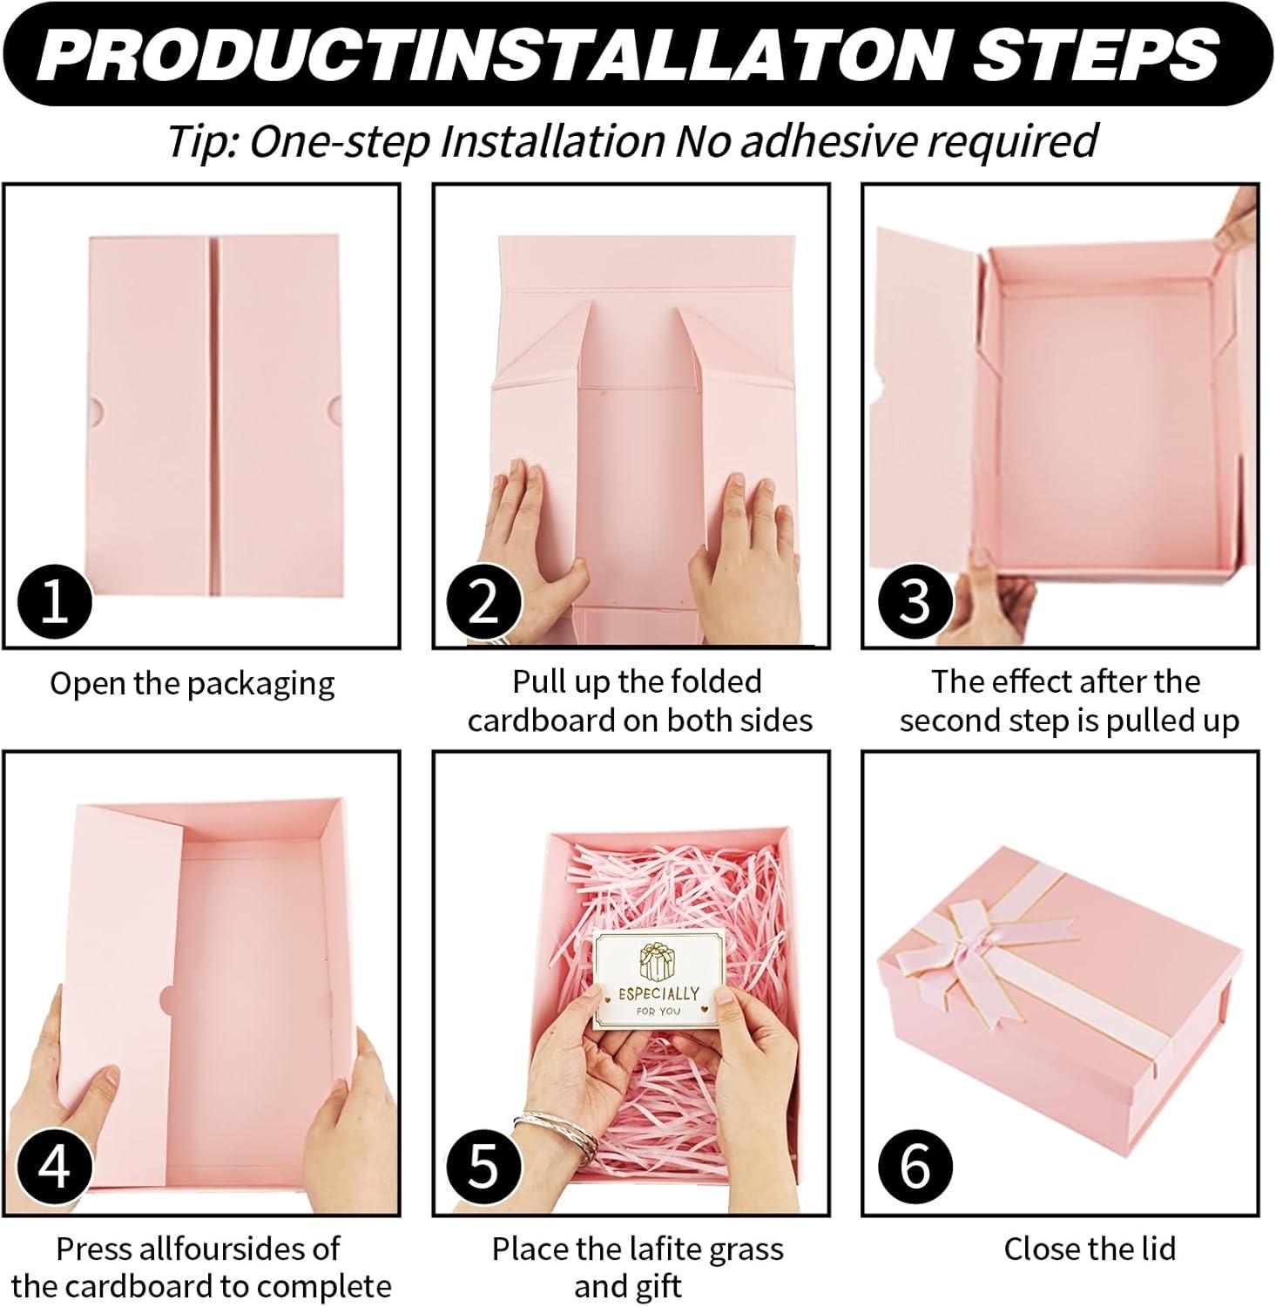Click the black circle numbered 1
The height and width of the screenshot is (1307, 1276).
[55, 600]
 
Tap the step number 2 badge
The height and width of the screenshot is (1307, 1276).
[483, 600]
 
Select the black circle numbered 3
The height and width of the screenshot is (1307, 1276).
[914, 600]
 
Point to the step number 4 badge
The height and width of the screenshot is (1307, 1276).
[55, 1166]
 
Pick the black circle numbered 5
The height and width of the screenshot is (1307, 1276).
[483, 1166]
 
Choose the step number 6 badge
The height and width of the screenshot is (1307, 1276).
[914, 1166]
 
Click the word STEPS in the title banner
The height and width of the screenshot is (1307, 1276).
[1095, 55]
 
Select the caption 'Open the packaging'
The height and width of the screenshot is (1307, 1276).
[192, 684]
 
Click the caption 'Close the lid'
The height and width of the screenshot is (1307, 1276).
[1090, 1249]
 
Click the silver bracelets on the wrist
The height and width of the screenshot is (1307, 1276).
[556, 1133]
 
